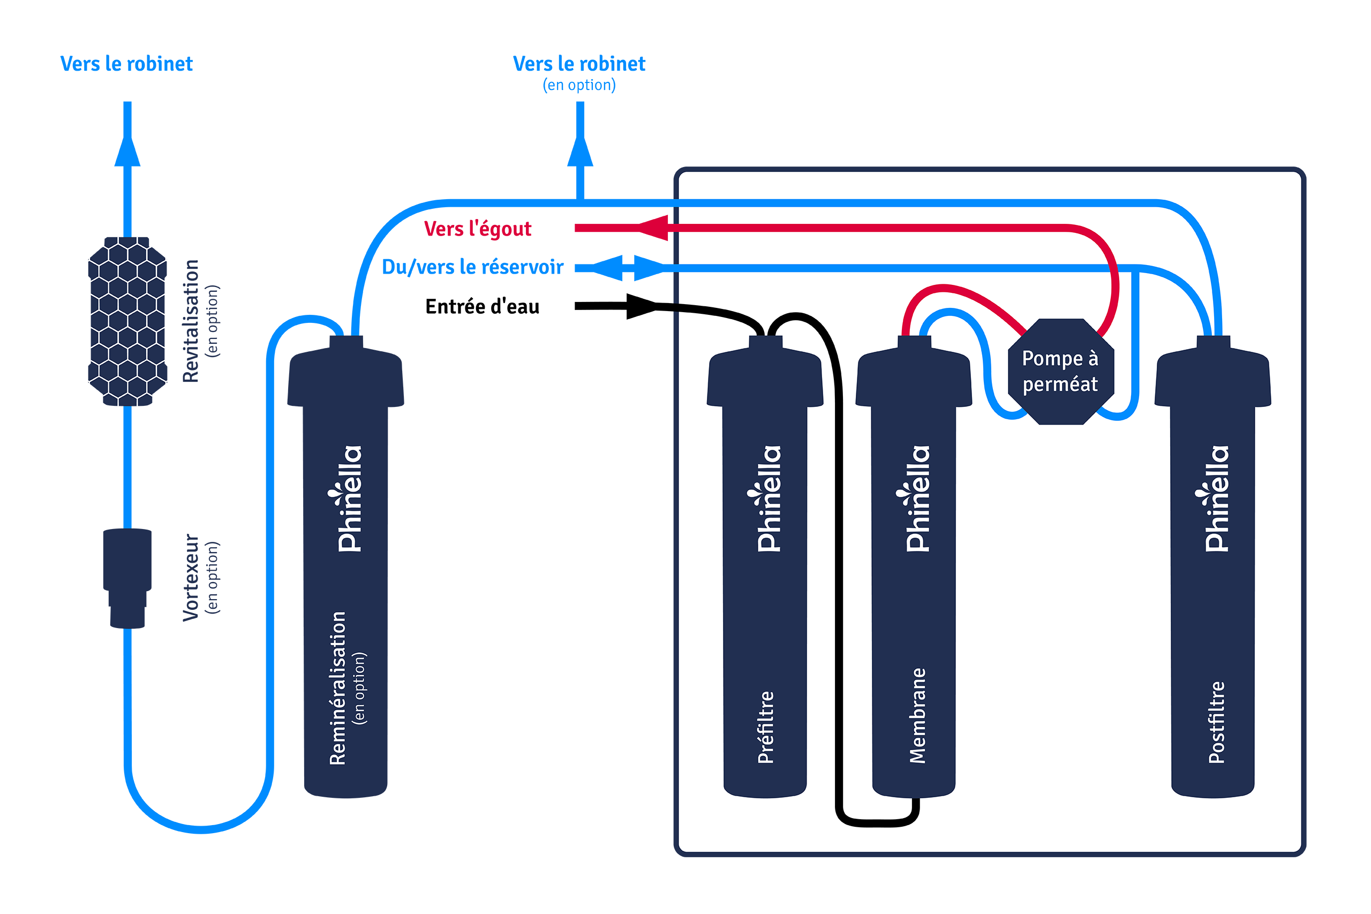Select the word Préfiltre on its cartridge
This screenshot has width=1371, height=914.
click(x=765, y=728)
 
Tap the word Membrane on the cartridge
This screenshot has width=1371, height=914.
click(x=917, y=716)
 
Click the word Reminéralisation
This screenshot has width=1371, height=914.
click(x=337, y=689)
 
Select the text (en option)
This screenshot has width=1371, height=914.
click(x=360, y=689)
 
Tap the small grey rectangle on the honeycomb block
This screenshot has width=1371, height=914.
click(x=171, y=251)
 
